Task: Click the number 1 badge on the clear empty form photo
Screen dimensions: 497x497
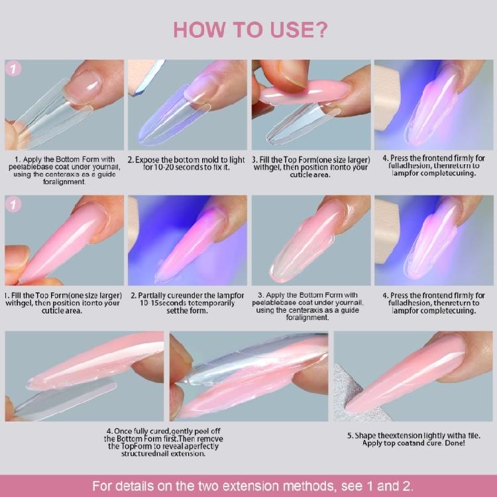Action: pos(13,69)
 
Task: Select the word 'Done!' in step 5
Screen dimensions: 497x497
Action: pos(451,443)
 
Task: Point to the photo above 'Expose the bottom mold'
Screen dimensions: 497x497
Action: pos(187,105)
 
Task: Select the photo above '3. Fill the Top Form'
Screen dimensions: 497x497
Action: pos(310,105)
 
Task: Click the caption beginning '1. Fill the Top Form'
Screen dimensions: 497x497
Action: pos(62,303)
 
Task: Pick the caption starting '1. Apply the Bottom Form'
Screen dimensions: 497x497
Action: pos(64,170)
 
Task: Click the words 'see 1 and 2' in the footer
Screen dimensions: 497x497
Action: pos(376,485)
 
